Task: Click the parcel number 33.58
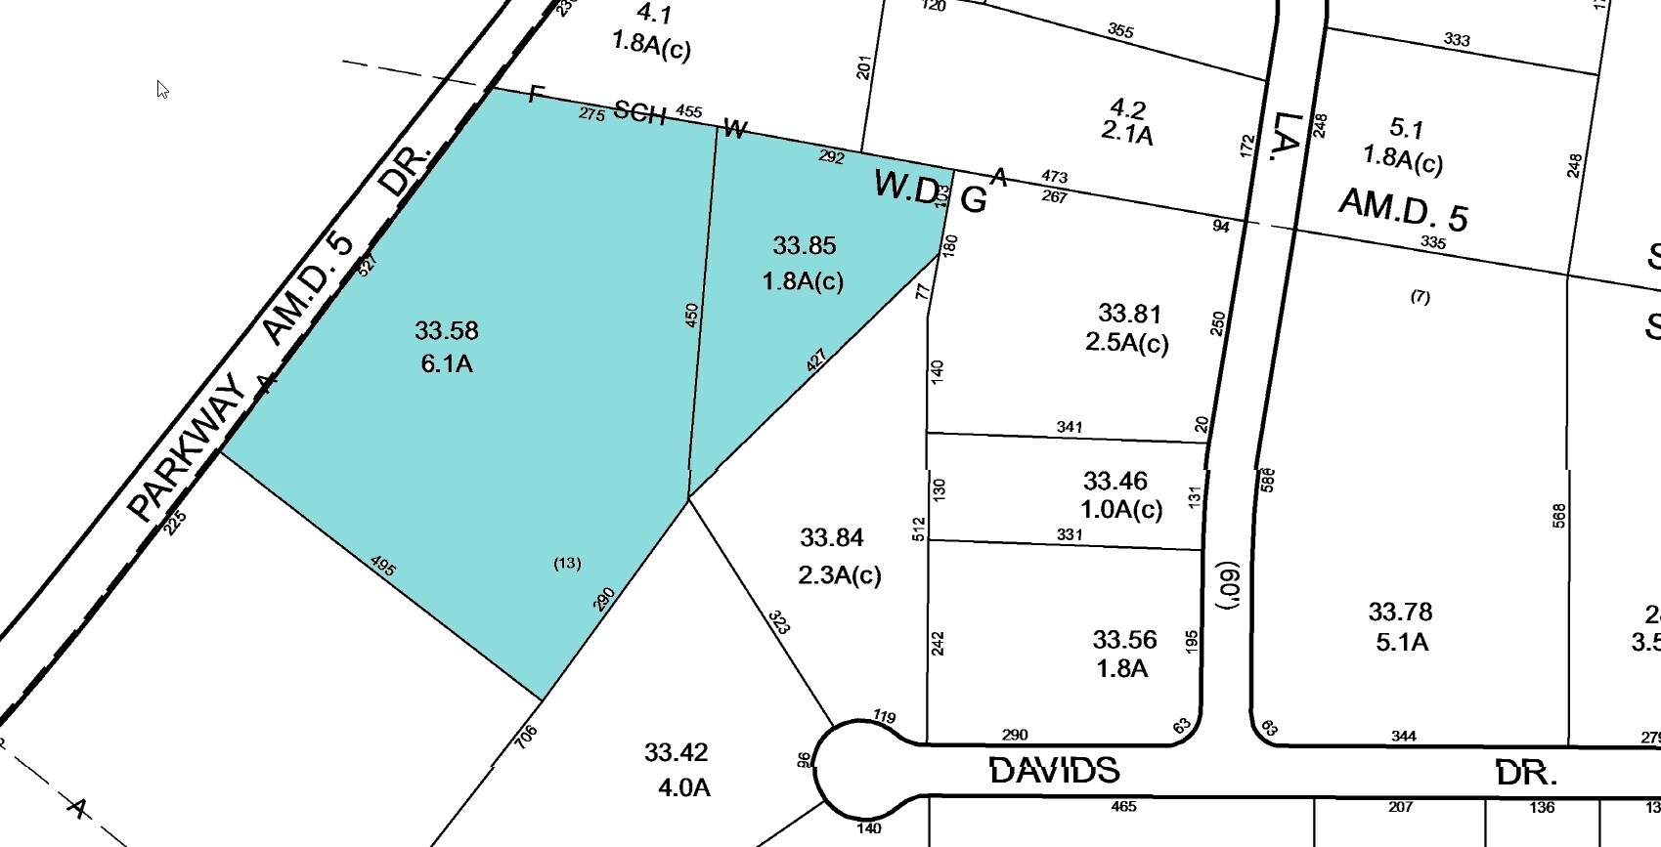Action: click(447, 331)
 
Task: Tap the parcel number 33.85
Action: click(805, 245)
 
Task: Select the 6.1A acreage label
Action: click(447, 364)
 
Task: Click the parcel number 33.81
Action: click(1129, 314)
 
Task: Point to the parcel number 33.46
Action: click(1115, 481)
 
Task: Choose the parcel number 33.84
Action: click(832, 538)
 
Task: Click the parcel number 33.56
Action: click(1124, 640)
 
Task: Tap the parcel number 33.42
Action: click(676, 752)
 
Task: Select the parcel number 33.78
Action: click(1400, 613)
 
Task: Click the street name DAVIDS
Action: click(1054, 771)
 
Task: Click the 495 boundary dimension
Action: click(383, 566)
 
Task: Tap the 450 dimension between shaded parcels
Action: click(692, 315)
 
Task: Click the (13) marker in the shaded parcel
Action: click(567, 563)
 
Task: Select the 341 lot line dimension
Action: click(1070, 427)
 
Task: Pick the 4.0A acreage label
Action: click(684, 786)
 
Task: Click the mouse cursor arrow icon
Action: click(162, 89)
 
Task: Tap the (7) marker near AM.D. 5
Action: click(1420, 296)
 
